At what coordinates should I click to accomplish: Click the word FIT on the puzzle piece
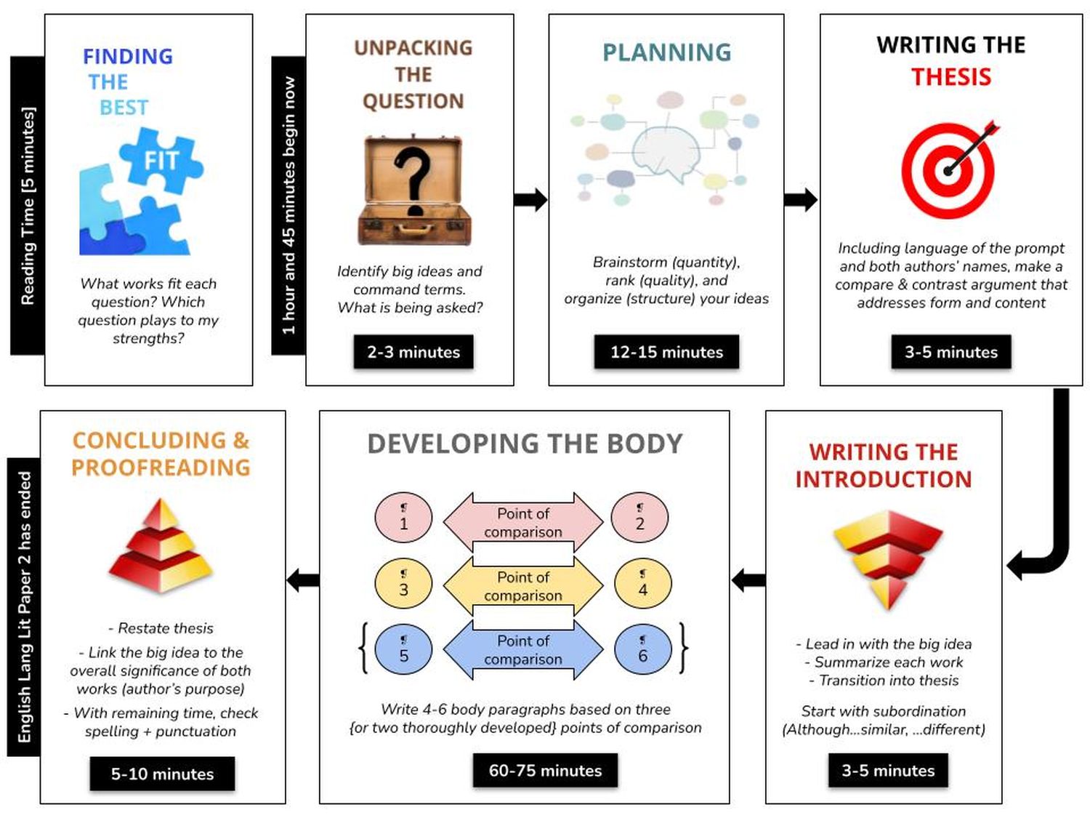point(161,161)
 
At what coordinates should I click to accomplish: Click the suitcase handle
point(413,230)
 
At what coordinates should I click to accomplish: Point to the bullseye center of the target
point(948,172)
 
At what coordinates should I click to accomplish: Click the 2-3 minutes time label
point(413,352)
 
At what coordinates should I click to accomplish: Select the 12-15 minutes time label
point(666,352)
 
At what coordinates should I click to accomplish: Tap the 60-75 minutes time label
point(545,770)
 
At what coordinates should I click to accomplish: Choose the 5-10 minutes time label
point(162,774)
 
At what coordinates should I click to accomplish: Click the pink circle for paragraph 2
point(639,518)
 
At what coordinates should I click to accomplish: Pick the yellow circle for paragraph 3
point(403,584)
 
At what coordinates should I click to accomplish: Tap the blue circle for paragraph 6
point(642,649)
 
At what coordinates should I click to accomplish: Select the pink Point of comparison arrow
point(523,523)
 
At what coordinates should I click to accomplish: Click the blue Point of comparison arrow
point(523,649)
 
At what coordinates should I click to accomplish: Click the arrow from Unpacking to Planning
point(530,200)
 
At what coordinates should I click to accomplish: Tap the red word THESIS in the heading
point(950,77)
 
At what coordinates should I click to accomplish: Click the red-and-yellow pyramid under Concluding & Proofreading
point(161,546)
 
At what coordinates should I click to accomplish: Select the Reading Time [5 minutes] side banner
point(28,206)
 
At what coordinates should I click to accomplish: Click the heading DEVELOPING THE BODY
point(525,444)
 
